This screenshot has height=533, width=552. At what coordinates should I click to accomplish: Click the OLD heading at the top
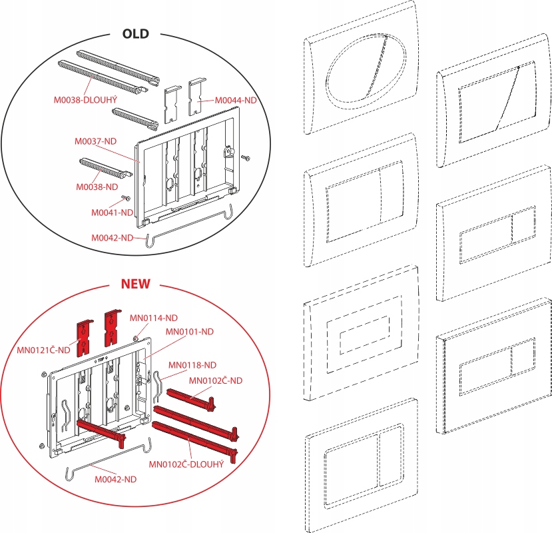(x=135, y=33)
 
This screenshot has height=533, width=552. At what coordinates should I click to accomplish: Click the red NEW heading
(x=135, y=284)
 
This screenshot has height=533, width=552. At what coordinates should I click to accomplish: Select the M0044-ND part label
(x=236, y=100)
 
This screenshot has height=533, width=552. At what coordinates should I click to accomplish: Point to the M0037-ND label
(x=96, y=142)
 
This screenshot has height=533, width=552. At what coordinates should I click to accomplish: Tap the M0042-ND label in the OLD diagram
(x=113, y=237)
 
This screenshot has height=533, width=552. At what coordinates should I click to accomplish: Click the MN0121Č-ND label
(x=45, y=350)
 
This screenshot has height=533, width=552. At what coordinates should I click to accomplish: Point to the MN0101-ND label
(x=189, y=331)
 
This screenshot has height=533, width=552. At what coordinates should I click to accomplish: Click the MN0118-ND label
(x=192, y=364)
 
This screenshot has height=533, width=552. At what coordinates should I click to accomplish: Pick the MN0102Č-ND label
(x=215, y=380)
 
